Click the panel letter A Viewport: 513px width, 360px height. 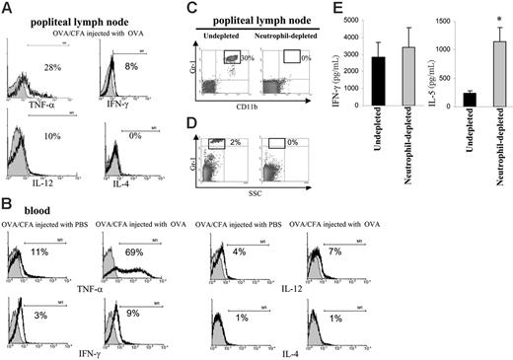(x=8, y=8)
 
